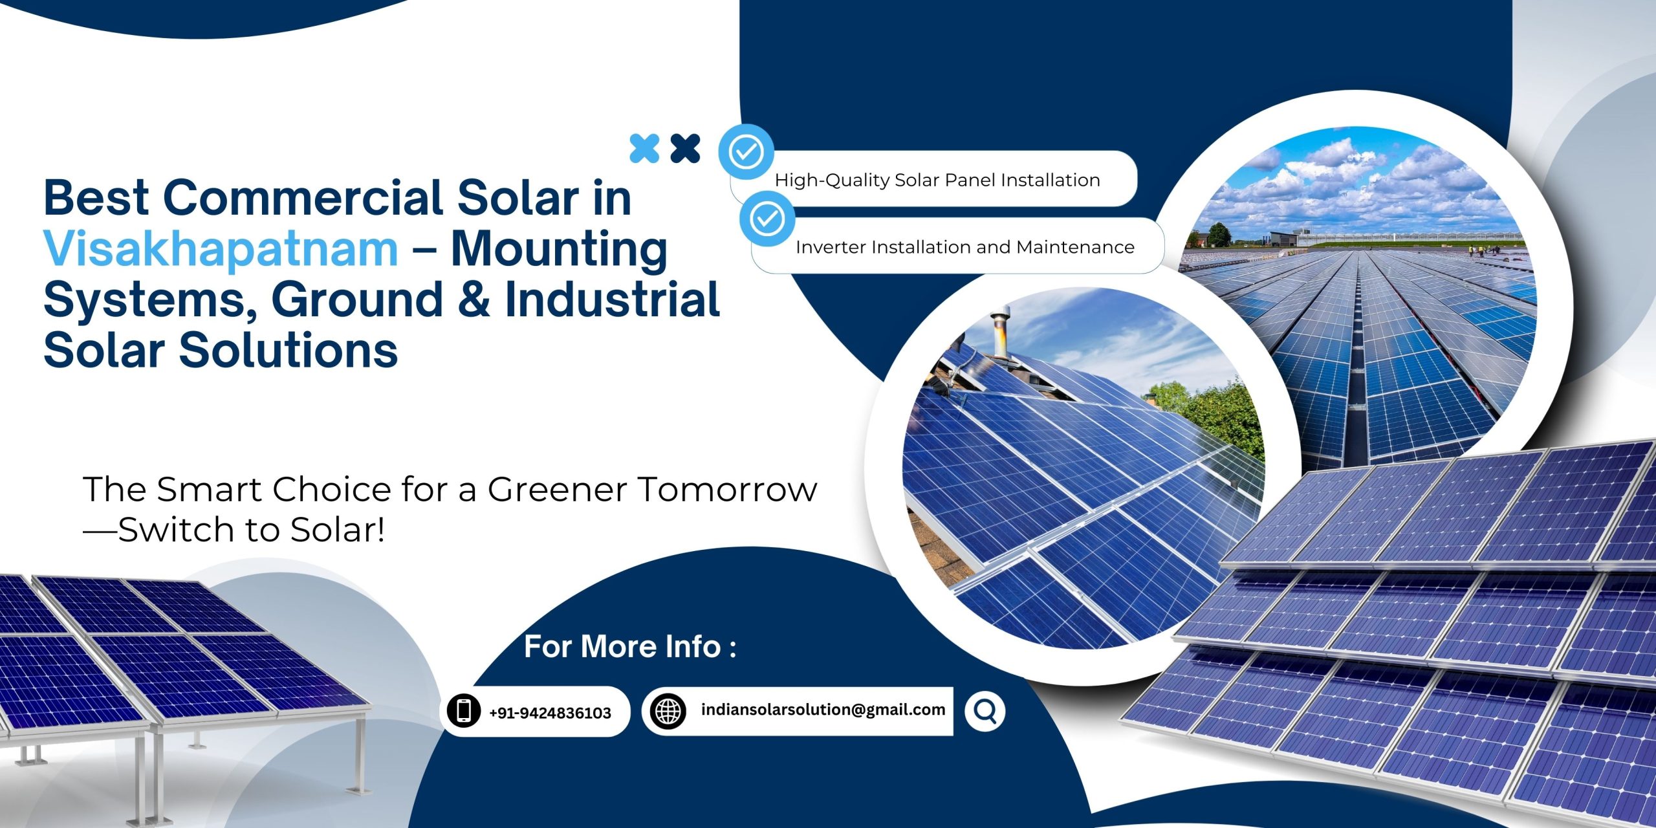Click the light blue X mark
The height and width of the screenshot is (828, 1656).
pyautogui.click(x=644, y=148)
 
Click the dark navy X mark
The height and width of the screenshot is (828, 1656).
pyautogui.click(x=685, y=148)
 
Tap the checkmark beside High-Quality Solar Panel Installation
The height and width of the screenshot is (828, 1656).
pyautogui.click(x=746, y=152)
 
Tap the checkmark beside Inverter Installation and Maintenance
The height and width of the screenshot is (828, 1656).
pyautogui.click(x=767, y=219)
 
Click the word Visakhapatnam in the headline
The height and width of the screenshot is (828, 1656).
pyautogui.click(x=221, y=249)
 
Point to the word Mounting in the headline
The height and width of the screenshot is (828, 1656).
pyautogui.click(x=559, y=249)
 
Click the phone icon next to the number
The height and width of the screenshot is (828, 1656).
pyautogui.click(x=463, y=711)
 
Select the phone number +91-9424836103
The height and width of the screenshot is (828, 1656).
pyautogui.click(x=550, y=713)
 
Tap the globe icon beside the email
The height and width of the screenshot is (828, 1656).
pyautogui.click(x=668, y=712)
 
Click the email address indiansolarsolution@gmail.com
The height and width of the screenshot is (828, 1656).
pyautogui.click(x=823, y=710)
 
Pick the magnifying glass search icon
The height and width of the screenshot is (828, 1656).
pyautogui.click(x=985, y=712)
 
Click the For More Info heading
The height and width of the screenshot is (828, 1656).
pyautogui.click(x=629, y=646)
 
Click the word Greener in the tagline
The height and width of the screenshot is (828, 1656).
pyautogui.click(x=557, y=489)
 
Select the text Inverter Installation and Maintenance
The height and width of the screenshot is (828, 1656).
pyautogui.click(x=964, y=247)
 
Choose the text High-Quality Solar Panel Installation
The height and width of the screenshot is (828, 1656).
pyautogui.click(x=937, y=180)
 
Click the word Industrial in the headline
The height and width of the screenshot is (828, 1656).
pyautogui.click(x=612, y=300)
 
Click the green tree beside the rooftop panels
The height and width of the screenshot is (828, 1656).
pyautogui.click(x=1216, y=414)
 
